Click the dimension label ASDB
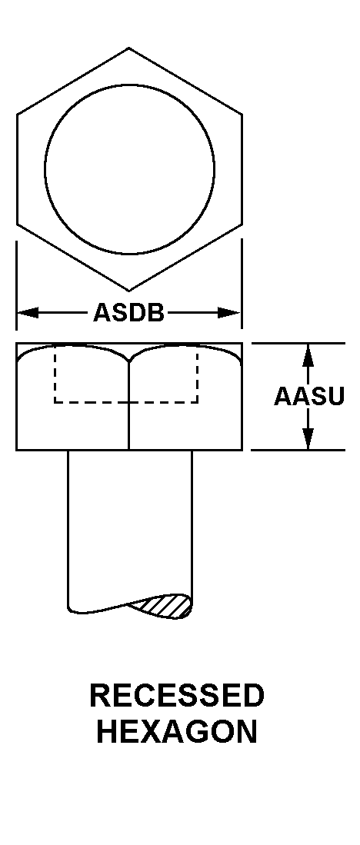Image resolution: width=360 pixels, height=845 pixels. pos(128,313)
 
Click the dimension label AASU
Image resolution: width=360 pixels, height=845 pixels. pos(308,397)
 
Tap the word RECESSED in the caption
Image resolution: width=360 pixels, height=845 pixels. pos(177,696)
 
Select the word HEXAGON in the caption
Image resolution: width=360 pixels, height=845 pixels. pos(177,732)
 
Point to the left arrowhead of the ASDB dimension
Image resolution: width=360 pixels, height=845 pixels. pos(28,313)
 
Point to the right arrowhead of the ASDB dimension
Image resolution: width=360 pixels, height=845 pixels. pos(229,313)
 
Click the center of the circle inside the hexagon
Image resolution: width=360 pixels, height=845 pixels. pos(129,169)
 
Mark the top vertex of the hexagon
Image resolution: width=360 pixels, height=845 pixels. pos(128,48)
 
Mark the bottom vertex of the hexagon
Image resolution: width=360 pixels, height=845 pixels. pos(128,291)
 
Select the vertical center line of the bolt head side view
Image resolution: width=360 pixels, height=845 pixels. pos(128,405)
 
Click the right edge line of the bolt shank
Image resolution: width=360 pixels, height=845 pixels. pos(192,523)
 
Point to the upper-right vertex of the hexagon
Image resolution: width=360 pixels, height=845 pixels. pos(242,115)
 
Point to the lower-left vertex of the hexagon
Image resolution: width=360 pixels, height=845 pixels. pos(17,224)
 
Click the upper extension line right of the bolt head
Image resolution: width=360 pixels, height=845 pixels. pos(298,343)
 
